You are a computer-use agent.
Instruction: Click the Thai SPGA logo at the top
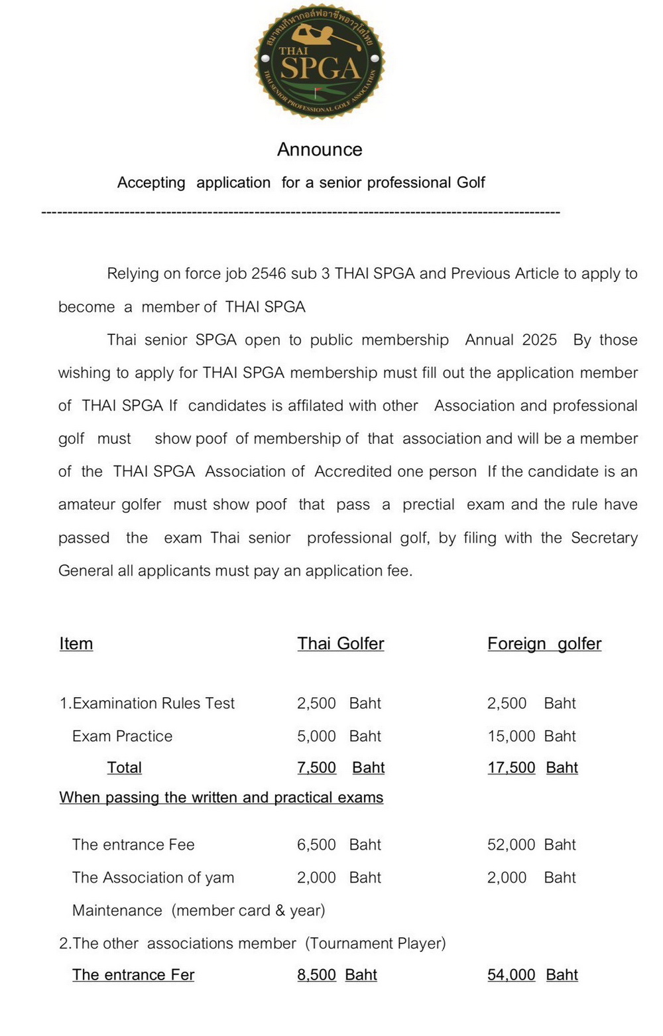pos(320,61)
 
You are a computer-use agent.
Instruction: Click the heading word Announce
pos(320,149)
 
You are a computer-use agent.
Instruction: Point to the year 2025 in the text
pos(539,340)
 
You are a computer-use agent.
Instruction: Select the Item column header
pos(76,643)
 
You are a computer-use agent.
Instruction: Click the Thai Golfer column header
pos(341,643)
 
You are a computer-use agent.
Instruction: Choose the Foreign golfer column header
pos(544,643)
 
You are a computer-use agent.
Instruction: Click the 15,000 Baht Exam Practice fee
pos(531,736)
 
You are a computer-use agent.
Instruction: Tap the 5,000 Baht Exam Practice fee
pos(339,736)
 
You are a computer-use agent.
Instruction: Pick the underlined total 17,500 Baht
pos(532,767)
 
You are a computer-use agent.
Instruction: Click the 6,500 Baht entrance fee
pos(339,844)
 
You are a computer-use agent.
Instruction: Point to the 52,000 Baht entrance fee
pos(531,844)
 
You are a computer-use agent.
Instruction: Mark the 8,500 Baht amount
pos(337,974)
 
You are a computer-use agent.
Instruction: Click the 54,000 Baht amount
pos(532,974)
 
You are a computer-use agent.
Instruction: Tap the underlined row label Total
pos(125,767)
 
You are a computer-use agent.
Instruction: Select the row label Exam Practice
pos(122,736)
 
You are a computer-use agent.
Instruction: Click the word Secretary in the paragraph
pos(604,538)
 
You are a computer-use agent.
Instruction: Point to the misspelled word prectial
pos(428,505)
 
